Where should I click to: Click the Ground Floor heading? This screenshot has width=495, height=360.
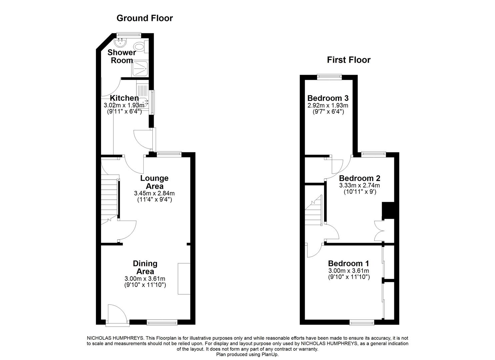pyautogui.click(x=145, y=18)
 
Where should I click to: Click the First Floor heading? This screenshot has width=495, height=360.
pyautogui.click(x=348, y=60)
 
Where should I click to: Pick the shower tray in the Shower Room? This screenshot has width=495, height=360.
pyautogui.click(x=140, y=68)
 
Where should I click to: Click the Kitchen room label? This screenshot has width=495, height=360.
pyautogui.click(x=124, y=98)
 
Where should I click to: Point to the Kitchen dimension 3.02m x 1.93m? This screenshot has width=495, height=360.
pyautogui.click(x=124, y=105)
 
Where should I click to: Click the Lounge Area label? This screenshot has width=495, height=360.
pyautogui.click(x=154, y=182)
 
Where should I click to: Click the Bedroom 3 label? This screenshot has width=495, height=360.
pyautogui.click(x=328, y=98)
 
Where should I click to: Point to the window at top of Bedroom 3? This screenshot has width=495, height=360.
pyautogui.click(x=329, y=76)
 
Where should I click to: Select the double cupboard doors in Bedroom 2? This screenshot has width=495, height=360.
pyautogui.click(x=380, y=231)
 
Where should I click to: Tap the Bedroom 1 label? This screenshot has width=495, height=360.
pyautogui.click(x=349, y=264)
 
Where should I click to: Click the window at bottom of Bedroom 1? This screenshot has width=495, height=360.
pyautogui.click(x=362, y=322)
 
